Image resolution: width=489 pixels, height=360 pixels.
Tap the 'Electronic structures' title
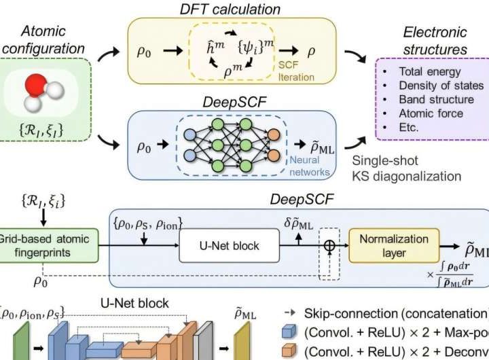435,40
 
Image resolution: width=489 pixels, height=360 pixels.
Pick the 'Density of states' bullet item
444,86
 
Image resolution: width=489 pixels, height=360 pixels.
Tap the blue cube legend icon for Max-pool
290,333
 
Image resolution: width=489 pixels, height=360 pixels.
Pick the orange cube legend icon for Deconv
290,352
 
